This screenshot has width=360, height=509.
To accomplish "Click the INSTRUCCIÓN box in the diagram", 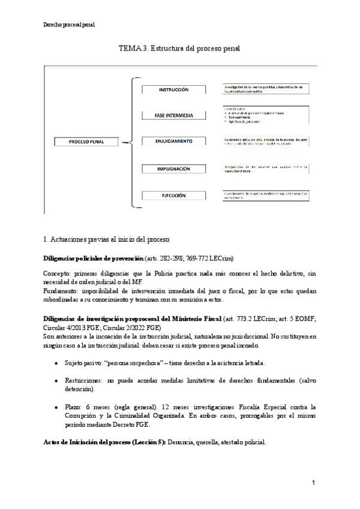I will click(x=173, y=89).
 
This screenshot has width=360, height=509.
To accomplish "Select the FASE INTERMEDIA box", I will click(x=173, y=115).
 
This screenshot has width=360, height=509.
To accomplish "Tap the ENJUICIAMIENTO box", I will click(x=173, y=141).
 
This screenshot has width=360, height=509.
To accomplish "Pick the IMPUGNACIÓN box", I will click(x=173, y=169).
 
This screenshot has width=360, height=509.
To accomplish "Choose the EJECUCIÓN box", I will click(x=173, y=195).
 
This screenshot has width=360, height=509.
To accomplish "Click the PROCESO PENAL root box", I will click(x=86, y=142).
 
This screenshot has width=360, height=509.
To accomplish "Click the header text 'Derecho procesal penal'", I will click(x=69, y=25).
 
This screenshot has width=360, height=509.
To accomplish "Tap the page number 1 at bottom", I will click(x=313, y=483).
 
